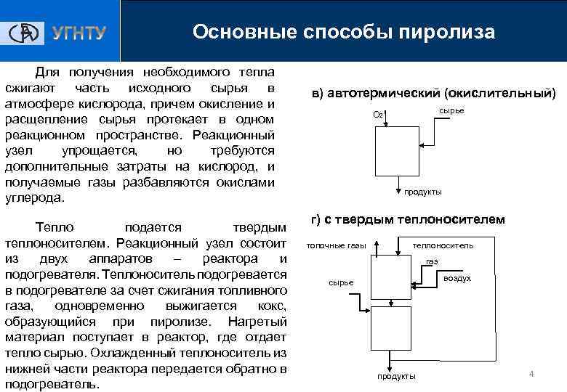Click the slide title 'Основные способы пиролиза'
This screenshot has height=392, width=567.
click(x=344, y=33)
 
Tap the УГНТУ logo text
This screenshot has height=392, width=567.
click(x=79, y=33)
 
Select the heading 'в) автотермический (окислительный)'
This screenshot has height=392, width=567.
click(x=433, y=93)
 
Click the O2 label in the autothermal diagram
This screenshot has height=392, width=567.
click(x=378, y=115)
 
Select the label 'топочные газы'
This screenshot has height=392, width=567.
click(x=336, y=245)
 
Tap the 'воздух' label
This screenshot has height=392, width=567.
click(x=457, y=278)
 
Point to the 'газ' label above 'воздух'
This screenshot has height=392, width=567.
click(x=432, y=261)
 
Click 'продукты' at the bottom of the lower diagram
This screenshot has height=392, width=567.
click(x=397, y=376)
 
